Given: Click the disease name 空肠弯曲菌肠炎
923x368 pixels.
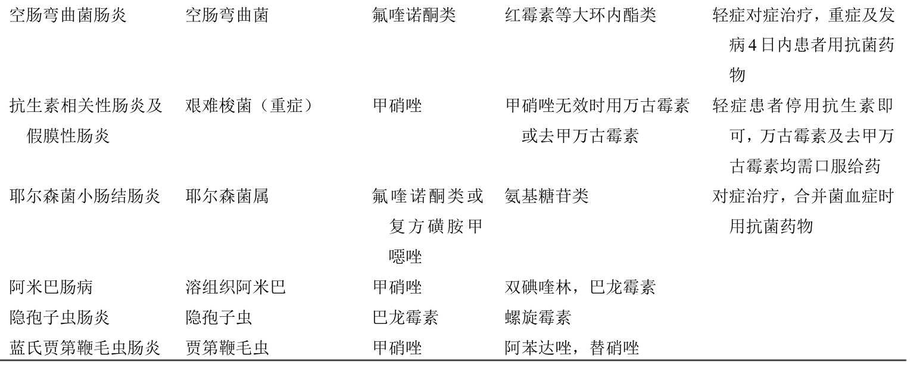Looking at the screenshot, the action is tap(68, 15).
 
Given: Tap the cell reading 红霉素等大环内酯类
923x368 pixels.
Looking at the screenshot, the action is tap(581, 15).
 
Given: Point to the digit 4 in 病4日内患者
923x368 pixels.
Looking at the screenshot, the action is tap(752, 45).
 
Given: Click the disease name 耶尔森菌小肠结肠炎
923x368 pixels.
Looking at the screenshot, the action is tap(85, 196).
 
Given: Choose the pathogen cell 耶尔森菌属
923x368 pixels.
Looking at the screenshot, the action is tap(227, 196).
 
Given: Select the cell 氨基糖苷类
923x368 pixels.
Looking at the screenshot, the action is tap(547, 196).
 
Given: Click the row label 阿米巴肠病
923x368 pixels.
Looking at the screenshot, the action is tap(51, 287).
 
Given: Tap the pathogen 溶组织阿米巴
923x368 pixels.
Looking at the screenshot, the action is tap(236, 287).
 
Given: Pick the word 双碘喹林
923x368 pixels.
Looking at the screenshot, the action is tap(538, 287).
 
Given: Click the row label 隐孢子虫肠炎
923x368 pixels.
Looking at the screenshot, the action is tap(60, 318).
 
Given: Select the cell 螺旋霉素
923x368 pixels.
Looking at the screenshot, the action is tap(538, 318).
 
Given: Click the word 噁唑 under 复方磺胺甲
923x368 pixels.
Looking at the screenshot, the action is tap(406, 257).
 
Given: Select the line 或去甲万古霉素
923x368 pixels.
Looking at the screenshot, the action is tap(580, 136).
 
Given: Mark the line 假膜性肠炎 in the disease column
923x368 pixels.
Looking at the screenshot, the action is tap(68, 136).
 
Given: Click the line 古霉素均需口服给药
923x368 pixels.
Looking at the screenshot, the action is tap(804, 167).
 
